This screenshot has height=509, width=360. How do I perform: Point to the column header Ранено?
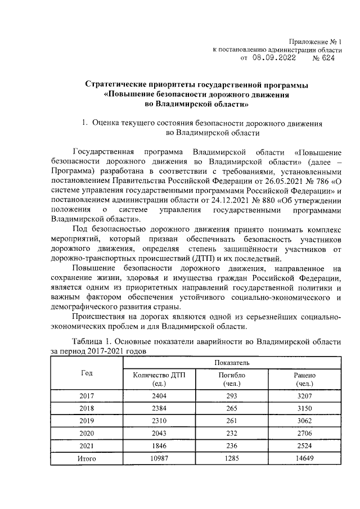[304, 379]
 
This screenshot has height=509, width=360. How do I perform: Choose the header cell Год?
[87, 373]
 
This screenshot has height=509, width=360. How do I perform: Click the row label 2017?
[87, 396]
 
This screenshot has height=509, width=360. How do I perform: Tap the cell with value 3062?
[304, 421]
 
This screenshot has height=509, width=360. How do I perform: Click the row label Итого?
[87, 458]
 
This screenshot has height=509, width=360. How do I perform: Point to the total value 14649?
[304, 458]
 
